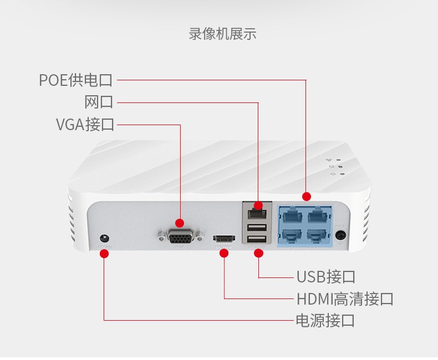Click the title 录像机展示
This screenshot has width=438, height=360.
pyautogui.click(x=223, y=34)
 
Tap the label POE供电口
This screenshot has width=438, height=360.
pyautogui.click(x=76, y=80)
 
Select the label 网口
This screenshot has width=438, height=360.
pyautogui.click(x=99, y=102)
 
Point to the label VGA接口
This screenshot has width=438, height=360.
pyautogui.click(x=85, y=125)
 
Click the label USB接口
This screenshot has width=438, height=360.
pyautogui.click(x=325, y=277)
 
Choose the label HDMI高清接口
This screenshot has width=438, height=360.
pyautogui.click(x=345, y=299)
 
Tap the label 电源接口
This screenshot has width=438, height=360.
pyautogui.click(x=325, y=320)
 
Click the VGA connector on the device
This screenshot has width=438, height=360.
pyautogui.click(x=180, y=236)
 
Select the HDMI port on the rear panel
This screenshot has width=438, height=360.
pyautogui.click(x=224, y=239)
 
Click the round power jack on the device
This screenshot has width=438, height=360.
pyautogui.click(x=104, y=239)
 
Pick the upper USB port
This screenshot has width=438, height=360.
pyautogui.click(x=257, y=228)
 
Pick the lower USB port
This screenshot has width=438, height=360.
pyautogui.click(x=257, y=239)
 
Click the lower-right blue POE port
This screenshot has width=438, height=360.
pyautogui.click(x=317, y=236)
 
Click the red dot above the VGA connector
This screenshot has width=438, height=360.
pyautogui.click(x=180, y=223)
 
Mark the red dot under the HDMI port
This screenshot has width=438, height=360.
pyautogui.click(x=224, y=253)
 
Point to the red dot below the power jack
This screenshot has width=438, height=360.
pyautogui.click(x=104, y=254)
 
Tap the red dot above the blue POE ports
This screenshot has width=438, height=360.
pyautogui.click(x=307, y=197)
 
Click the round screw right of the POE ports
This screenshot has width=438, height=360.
pyautogui.click(x=340, y=235)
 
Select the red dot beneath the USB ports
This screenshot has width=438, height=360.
pyautogui.click(x=259, y=253)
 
